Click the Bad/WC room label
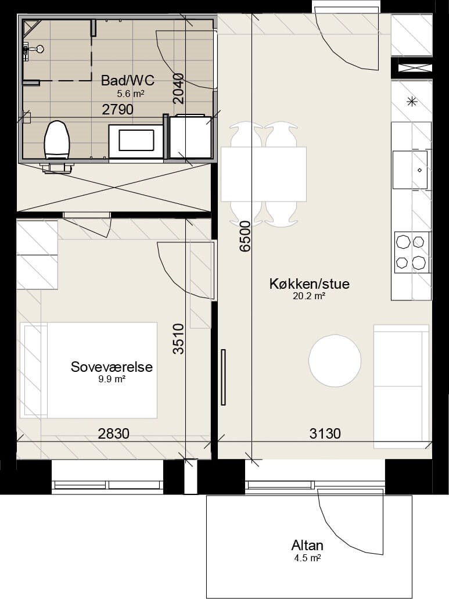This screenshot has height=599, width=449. coord(128,81)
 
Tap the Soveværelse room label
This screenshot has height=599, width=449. coord(112,367)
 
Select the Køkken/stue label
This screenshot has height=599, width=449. coord(309,284)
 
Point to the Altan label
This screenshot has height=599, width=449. coord(307,545)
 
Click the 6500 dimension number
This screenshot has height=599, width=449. coord(245,236)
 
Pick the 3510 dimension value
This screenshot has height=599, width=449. coord(178,339)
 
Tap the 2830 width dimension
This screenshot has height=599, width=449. coord(113,433)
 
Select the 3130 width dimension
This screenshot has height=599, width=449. coord(325,433)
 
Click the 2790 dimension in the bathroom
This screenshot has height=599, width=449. coord(117,110)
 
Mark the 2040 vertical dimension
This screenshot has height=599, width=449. coord(178,89)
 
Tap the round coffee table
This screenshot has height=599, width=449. coord(335,361)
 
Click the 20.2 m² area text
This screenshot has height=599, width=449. coord(309,296)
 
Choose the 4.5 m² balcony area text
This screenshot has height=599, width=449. coord(307,558)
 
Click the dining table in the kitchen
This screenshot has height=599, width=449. coord(264,174)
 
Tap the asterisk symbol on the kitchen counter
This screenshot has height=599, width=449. coord(412,102)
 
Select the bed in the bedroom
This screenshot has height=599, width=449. coord(88,370)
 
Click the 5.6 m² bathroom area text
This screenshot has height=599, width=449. coord(131,93)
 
